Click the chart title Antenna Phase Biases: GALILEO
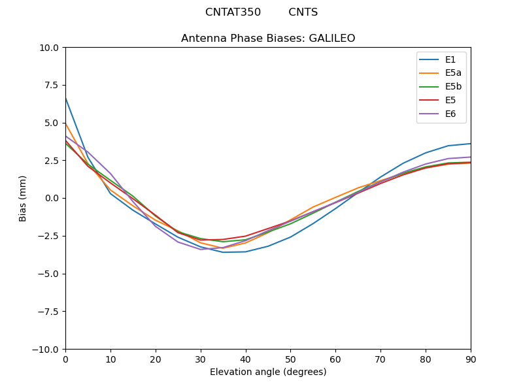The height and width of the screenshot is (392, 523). tap(268, 39)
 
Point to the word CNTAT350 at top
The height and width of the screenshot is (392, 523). tap(233, 12)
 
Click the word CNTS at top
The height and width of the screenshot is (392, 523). tap(303, 12)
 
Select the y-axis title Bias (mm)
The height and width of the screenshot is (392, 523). tap(23, 198)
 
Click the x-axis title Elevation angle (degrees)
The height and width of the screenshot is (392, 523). tap(268, 372)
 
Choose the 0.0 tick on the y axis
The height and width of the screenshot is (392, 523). tap(52, 198)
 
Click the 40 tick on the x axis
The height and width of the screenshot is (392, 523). tap(246, 359)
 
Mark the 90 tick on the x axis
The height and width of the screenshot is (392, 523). tap(471, 359)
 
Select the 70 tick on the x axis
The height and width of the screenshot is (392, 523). tap(380, 359)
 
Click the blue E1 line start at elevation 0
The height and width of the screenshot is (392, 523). tap(66, 98)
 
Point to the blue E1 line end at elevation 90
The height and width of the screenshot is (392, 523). tap(470, 144)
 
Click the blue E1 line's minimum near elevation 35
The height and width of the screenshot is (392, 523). tap(224, 252)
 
